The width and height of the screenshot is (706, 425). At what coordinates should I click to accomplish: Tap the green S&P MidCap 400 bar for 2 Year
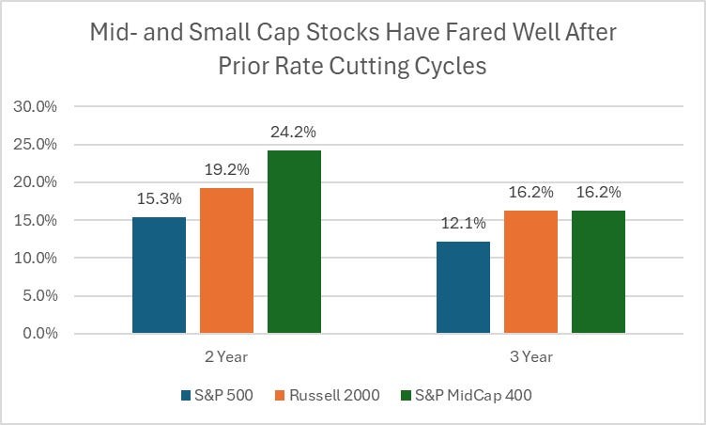pyautogui.click(x=294, y=242)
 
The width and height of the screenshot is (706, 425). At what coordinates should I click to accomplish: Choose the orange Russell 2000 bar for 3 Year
pyautogui.click(x=530, y=272)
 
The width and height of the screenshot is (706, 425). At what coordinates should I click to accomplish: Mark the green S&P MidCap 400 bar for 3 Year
pyautogui.click(x=598, y=272)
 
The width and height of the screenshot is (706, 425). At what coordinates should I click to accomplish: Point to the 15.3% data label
pyautogui.click(x=159, y=199)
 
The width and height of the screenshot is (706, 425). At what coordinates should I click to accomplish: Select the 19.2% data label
pyautogui.click(x=226, y=170)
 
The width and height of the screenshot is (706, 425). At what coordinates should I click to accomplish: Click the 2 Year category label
pyautogui.click(x=226, y=357)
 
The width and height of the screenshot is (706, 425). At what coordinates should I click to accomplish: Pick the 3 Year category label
pyautogui.click(x=530, y=357)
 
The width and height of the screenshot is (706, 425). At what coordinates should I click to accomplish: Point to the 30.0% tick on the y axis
pyautogui.click(x=36, y=107)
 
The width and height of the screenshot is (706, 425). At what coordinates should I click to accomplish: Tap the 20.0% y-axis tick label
pyautogui.click(x=36, y=182)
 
